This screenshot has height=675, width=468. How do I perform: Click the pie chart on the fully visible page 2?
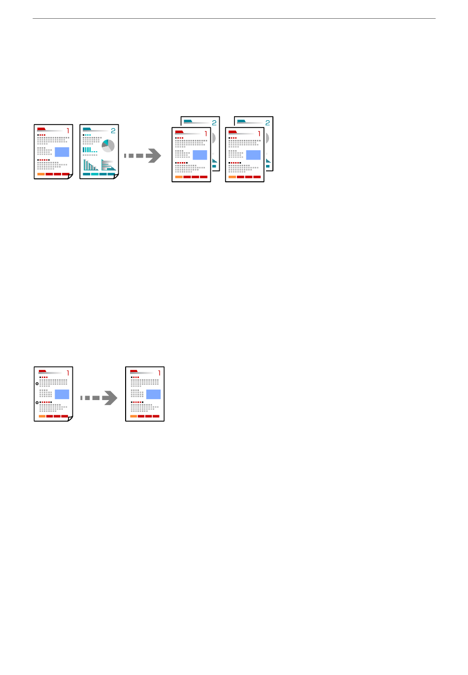108,146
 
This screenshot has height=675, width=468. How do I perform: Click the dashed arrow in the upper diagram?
142,156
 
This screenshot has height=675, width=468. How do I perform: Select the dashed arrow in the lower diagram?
99,398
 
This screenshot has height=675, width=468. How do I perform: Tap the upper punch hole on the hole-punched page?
37,384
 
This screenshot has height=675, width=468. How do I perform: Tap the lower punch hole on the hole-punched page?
37,403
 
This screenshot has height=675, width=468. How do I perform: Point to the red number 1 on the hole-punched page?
68,373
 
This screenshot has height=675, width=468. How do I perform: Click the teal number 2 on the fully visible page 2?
113,131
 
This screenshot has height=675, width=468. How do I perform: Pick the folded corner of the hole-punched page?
70,419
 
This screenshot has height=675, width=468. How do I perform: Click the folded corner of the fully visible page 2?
116,176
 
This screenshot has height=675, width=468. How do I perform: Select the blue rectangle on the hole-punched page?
62,395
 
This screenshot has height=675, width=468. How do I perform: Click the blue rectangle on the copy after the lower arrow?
153,395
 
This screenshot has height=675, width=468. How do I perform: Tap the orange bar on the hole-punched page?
42,416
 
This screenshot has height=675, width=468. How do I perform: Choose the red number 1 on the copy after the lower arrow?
160,373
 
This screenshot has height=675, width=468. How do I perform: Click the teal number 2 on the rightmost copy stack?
267,123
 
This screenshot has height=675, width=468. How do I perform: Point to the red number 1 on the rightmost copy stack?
259,134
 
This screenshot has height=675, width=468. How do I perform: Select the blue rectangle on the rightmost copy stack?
253,155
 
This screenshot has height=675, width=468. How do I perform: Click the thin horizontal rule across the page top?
234,19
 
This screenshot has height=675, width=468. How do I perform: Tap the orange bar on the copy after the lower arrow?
134,416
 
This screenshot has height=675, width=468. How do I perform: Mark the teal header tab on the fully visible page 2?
87,129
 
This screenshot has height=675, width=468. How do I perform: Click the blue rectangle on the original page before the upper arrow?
62,152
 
